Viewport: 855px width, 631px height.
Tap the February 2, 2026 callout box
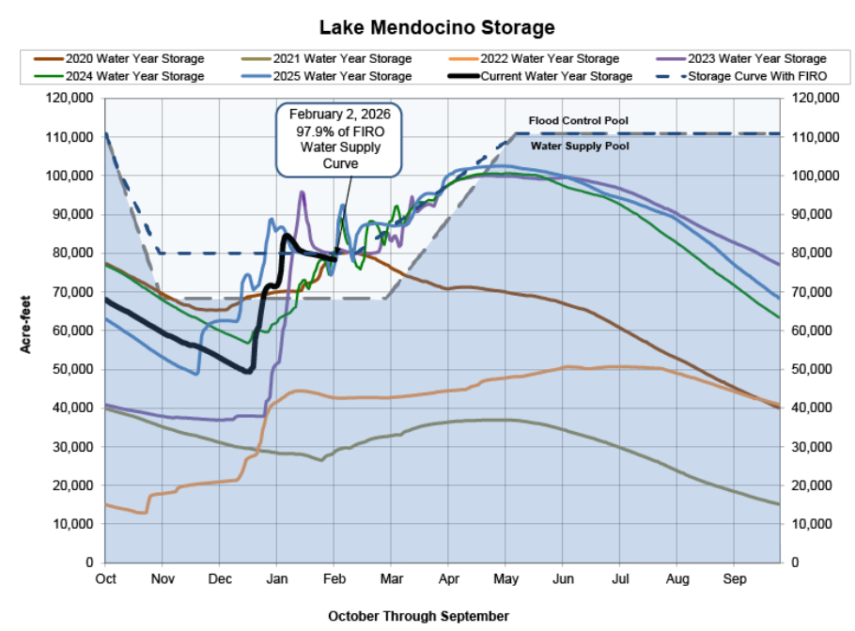[338, 138]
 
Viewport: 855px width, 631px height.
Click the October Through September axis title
[418, 616]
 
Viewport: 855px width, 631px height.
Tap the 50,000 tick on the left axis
[70, 369]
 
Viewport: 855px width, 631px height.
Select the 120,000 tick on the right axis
[814, 99]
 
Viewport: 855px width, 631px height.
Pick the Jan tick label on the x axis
[276, 578]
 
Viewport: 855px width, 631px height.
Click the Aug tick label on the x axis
[676, 578]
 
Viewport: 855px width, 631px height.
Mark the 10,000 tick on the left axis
[70, 524]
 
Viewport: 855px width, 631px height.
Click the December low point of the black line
[247, 371]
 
